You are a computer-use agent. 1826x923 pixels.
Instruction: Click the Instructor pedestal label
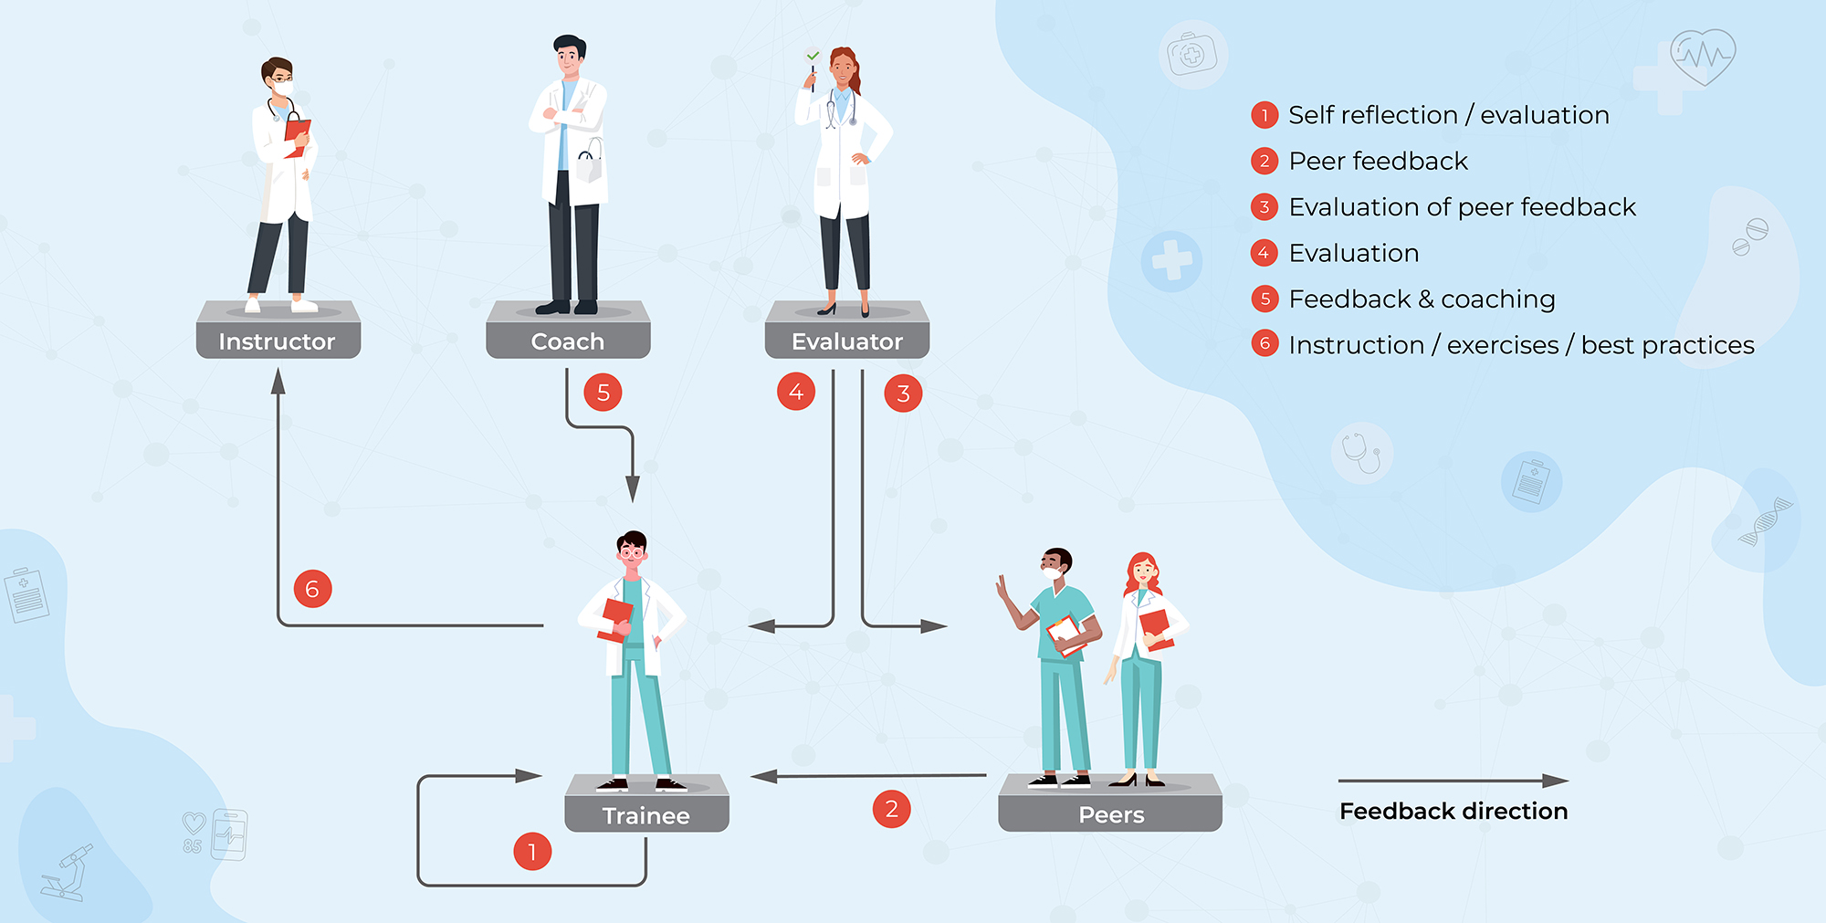pyautogui.click(x=277, y=341)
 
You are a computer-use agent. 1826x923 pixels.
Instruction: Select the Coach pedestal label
pyautogui.click(x=567, y=341)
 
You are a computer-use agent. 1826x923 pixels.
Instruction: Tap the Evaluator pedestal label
pyautogui.click(x=846, y=341)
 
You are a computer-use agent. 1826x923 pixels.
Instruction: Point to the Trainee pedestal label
pyautogui.click(x=645, y=815)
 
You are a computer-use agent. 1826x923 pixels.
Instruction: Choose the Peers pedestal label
pyautogui.click(x=1110, y=814)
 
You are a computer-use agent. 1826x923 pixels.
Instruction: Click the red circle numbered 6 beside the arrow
pyautogui.click(x=312, y=589)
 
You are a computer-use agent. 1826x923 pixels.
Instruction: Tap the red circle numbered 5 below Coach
pyautogui.click(x=603, y=393)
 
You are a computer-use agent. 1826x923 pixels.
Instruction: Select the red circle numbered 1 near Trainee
pyautogui.click(x=531, y=852)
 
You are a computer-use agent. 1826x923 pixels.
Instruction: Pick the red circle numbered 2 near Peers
pyautogui.click(x=891, y=809)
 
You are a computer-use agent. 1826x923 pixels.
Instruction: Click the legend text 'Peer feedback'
pyautogui.click(x=1378, y=162)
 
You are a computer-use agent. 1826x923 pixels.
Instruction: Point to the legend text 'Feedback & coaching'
pyautogui.click(x=1422, y=299)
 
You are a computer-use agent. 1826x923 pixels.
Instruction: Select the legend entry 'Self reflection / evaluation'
pyautogui.click(x=1448, y=115)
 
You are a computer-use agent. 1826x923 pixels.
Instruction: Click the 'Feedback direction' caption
pyautogui.click(x=1453, y=811)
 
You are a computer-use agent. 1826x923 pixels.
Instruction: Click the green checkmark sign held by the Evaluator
pyautogui.click(x=812, y=57)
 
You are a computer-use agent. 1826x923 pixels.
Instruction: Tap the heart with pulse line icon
pyautogui.click(x=1702, y=57)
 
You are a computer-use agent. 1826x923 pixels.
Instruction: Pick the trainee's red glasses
pyautogui.click(x=632, y=552)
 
